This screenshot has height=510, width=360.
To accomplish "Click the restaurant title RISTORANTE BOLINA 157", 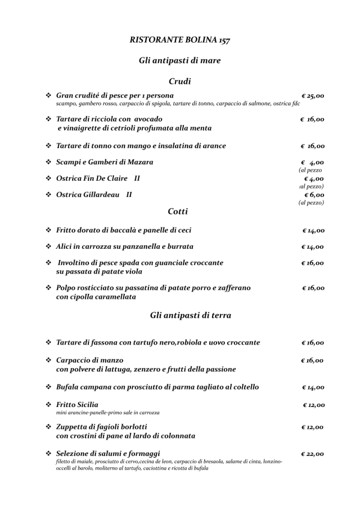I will coord(179,40).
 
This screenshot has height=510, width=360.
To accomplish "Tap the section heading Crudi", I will coord(179,81).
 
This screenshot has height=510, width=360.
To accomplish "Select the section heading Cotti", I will coord(178,212).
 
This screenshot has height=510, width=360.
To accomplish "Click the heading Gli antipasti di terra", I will coord(191,315).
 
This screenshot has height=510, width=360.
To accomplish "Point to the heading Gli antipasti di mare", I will coord(179,60).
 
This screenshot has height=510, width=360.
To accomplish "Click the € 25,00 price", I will coord(313,96).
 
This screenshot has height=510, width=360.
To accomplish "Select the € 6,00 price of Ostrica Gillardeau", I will coord(313,195).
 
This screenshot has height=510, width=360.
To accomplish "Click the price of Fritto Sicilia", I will coord(313,405).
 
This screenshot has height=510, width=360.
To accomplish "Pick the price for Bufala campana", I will coord(313,387).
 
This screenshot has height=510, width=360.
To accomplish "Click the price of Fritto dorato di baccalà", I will coord(313,230).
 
